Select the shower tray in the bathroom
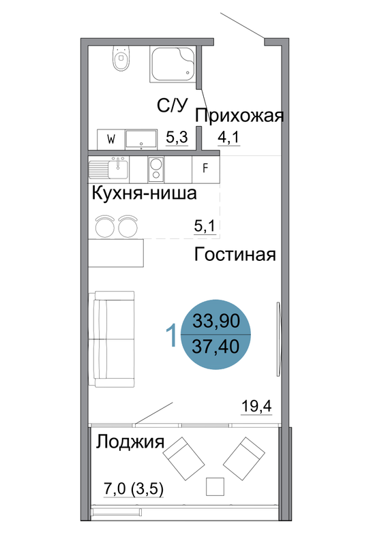click(x=173, y=64)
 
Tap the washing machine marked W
click(x=111, y=140)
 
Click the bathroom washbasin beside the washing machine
click(x=141, y=140)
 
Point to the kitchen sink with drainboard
click(x=108, y=168)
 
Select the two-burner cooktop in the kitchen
click(x=155, y=169)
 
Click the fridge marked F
click(x=205, y=169)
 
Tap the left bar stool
click(x=105, y=226)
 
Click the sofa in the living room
click(x=111, y=339)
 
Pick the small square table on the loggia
click(x=215, y=486)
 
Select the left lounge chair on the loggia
click(x=183, y=458)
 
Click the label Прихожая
click(x=239, y=115)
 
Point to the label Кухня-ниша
click(x=144, y=193)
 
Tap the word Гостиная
click(x=235, y=254)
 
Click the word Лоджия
click(x=130, y=442)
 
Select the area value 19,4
click(x=256, y=405)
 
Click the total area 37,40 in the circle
click(x=216, y=347)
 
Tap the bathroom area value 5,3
click(x=177, y=138)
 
